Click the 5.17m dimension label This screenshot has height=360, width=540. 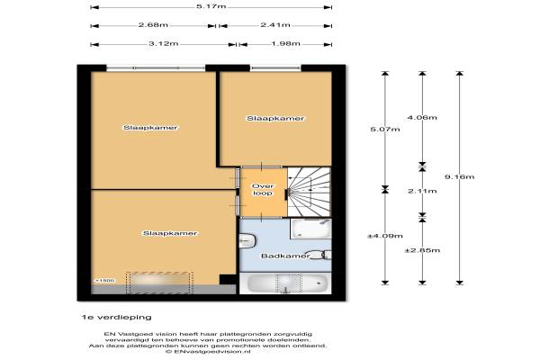click(x=211, y=6)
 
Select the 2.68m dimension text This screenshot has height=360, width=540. click(x=153, y=25)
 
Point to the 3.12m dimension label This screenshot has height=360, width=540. click(x=164, y=44)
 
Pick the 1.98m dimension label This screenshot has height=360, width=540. click(x=285, y=44)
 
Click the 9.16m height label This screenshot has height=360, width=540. click(x=459, y=177)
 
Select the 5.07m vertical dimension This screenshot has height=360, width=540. click(x=385, y=130)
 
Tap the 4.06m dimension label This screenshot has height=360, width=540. click(x=422, y=118)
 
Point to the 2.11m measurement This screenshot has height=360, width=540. click(x=422, y=191)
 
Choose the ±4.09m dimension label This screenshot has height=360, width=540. click(x=385, y=237)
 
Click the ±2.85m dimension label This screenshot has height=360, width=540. click(x=422, y=250)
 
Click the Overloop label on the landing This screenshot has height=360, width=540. click(x=263, y=190)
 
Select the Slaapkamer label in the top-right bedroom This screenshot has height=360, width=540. click(x=275, y=119)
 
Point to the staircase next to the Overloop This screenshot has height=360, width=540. click(x=309, y=193)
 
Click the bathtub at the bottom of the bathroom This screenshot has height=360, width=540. click(x=285, y=283)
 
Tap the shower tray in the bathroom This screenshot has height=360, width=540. click(x=310, y=229)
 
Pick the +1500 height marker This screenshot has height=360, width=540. click(x=104, y=281)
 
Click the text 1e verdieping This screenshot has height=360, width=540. click(x=117, y=318)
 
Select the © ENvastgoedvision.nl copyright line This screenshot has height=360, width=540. click(x=209, y=352)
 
